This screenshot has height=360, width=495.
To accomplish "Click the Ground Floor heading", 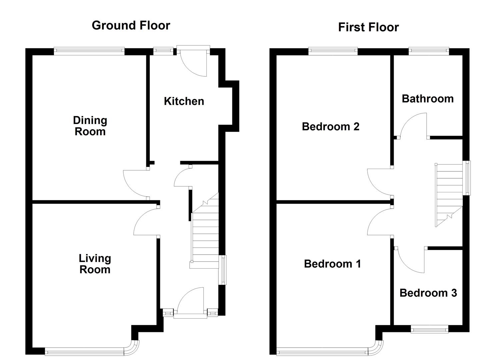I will pos(131,25).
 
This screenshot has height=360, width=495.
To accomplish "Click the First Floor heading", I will pos(368,27).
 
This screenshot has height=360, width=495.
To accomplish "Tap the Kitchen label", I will pos(184,101).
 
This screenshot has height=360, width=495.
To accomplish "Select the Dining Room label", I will pos(90,126).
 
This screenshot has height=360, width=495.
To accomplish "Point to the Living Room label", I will pos(95,264).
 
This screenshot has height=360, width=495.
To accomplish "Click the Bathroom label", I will pos(428,99).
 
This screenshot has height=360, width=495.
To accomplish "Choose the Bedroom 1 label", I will pos(332,264).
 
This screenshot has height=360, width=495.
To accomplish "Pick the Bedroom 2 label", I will pos(331,127).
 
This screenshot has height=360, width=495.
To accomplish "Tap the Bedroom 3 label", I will pos(428,293).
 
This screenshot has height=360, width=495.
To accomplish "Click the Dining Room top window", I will pos(89,51).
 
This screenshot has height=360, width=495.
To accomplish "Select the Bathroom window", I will pos(429,51).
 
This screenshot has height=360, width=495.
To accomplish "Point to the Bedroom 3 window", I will pos(429,330).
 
